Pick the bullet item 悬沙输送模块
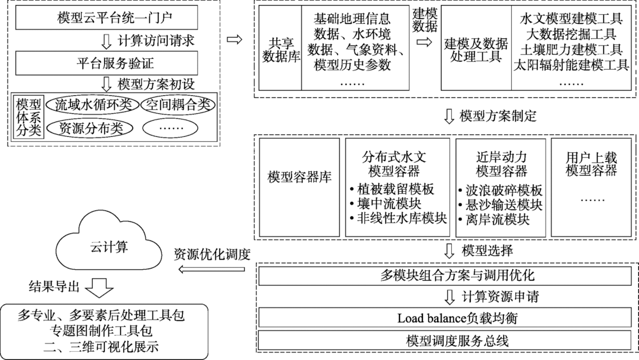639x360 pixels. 500,205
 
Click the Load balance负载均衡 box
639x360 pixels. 449,318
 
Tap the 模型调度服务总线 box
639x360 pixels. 449,340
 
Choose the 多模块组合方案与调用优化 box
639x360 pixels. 449,276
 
